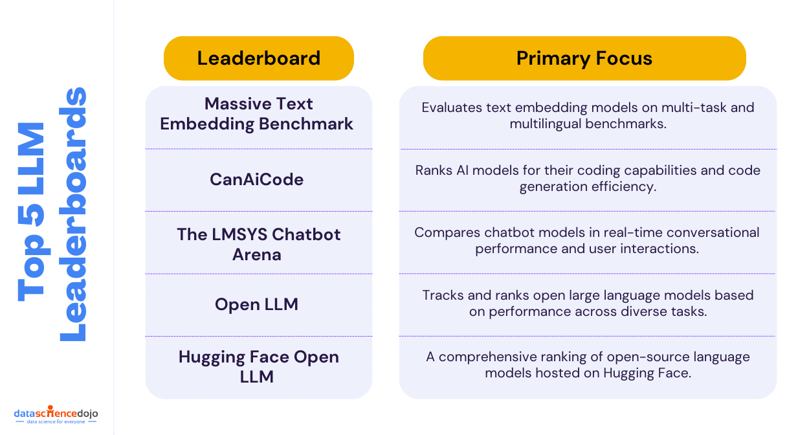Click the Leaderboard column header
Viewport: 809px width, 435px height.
(x=259, y=58)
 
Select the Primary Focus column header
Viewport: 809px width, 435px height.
(x=584, y=58)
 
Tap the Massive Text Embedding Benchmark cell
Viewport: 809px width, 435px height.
(x=257, y=114)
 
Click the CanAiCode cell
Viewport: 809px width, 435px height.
(x=257, y=179)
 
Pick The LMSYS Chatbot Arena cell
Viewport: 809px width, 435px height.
(x=258, y=244)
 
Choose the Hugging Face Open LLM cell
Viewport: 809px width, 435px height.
(x=258, y=366)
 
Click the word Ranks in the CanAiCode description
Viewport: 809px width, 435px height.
(x=434, y=170)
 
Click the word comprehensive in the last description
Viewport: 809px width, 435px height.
(x=488, y=357)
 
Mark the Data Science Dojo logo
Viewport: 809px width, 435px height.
(x=56, y=414)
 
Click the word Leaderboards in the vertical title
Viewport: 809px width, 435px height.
(x=72, y=214)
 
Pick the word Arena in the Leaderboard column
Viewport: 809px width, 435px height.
(x=257, y=254)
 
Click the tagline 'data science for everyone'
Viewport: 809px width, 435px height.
(x=56, y=421)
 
